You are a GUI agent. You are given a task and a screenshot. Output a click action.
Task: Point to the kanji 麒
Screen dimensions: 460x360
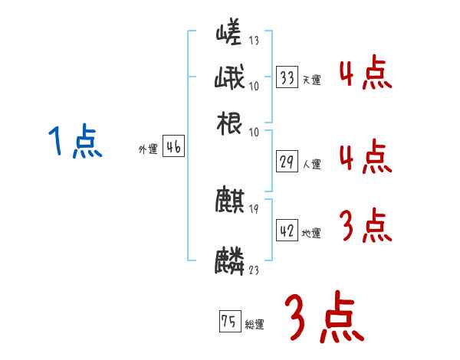click(229, 201)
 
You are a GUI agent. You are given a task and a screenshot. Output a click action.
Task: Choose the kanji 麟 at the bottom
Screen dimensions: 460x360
click(229, 260)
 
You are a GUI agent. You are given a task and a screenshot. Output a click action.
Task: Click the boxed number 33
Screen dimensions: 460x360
click(287, 77)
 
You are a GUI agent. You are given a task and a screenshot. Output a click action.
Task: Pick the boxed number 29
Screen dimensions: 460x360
click(287, 162)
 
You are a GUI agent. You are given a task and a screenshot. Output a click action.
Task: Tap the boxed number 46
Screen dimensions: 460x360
click(173, 148)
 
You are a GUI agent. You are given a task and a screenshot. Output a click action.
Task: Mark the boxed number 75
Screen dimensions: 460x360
click(228, 322)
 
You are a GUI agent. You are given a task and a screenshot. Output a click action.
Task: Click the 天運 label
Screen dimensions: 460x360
click(311, 80)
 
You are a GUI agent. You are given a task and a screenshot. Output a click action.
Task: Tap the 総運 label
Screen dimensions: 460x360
click(255, 325)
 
